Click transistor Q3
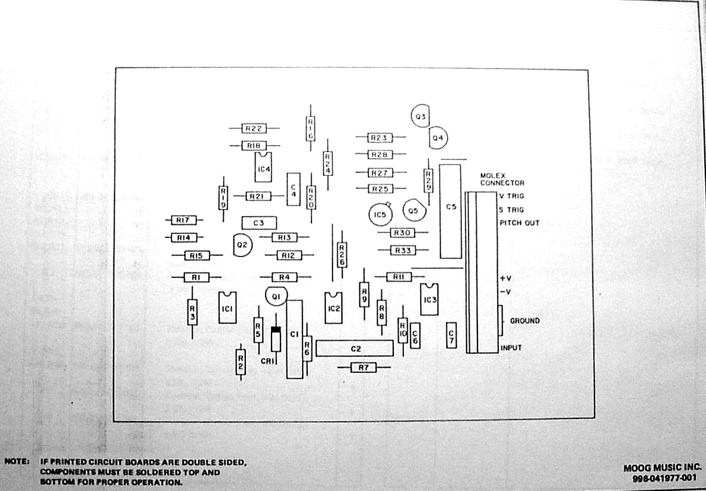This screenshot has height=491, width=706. (421, 116)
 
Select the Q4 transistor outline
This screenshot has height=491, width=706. (438, 138)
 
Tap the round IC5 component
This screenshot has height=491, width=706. (380, 214)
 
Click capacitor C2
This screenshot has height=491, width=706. (354, 348)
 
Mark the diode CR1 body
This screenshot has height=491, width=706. (276, 338)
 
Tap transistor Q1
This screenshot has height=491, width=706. (276, 296)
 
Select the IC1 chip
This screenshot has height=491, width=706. (227, 308)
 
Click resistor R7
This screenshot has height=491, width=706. (363, 368)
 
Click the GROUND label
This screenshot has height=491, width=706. (525, 321)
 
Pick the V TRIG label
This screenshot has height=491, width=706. (511, 196)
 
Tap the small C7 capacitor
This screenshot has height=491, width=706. (452, 337)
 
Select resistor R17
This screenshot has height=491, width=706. (183, 220)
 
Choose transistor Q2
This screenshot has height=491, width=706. (242, 245)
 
